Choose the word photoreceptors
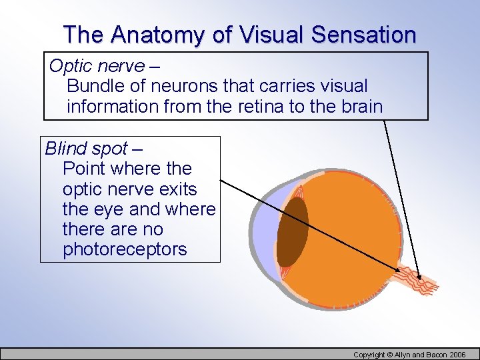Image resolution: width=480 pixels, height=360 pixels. pos(125,249)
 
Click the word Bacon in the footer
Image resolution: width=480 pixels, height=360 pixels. pos(433,355)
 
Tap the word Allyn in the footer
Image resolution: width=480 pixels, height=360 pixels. pos(402,355)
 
